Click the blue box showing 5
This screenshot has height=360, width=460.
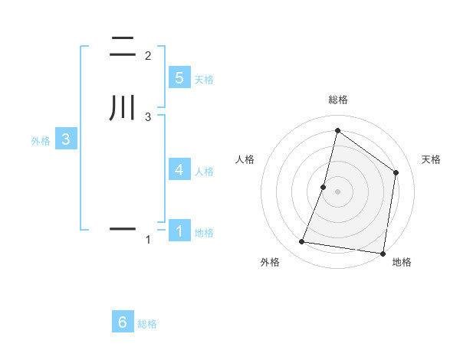(x=179, y=77)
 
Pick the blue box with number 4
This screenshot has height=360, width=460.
(x=179, y=169)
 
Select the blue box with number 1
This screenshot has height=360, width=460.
(x=179, y=231)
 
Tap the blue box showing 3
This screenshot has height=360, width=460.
(x=66, y=139)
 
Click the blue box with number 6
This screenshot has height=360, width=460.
(x=123, y=322)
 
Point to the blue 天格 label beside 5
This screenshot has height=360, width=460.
(x=204, y=80)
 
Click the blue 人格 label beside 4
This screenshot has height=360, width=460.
(x=204, y=172)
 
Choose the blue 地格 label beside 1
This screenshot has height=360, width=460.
(x=204, y=233)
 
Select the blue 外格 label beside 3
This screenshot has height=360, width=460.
(x=40, y=142)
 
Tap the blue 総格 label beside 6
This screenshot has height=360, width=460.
(x=147, y=325)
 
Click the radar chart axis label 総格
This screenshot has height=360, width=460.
(x=337, y=100)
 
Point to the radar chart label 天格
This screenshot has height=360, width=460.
(x=431, y=159)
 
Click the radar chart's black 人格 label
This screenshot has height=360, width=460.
(x=245, y=159)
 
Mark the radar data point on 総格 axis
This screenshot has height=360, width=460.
(x=337, y=131)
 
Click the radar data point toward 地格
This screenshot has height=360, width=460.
(x=383, y=253)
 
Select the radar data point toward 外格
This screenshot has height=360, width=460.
(x=302, y=242)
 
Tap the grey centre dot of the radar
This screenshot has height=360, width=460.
(x=337, y=191)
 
